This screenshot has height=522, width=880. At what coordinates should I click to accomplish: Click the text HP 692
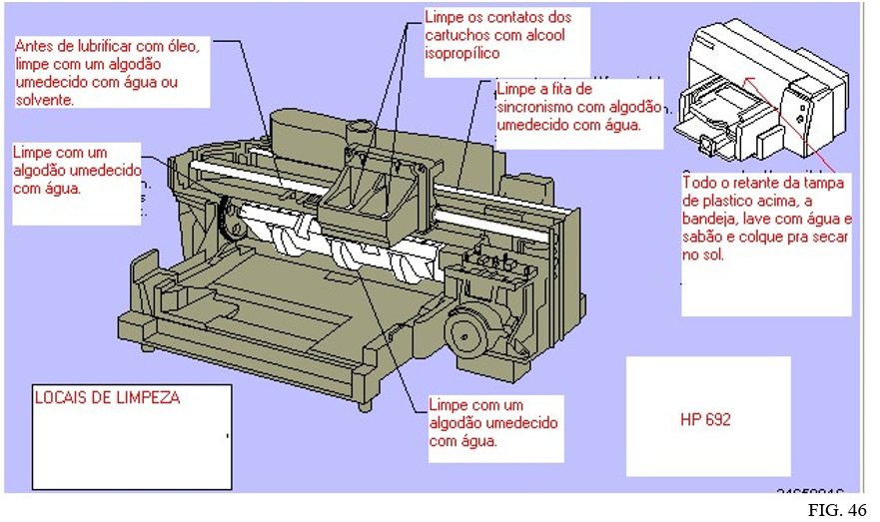[x=705, y=420]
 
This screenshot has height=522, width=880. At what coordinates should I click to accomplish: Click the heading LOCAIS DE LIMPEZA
[x=107, y=397]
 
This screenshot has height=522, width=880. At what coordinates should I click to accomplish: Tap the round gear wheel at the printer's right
[x=468, y=338]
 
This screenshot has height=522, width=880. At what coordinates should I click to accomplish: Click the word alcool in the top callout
[x=541, y=36]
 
